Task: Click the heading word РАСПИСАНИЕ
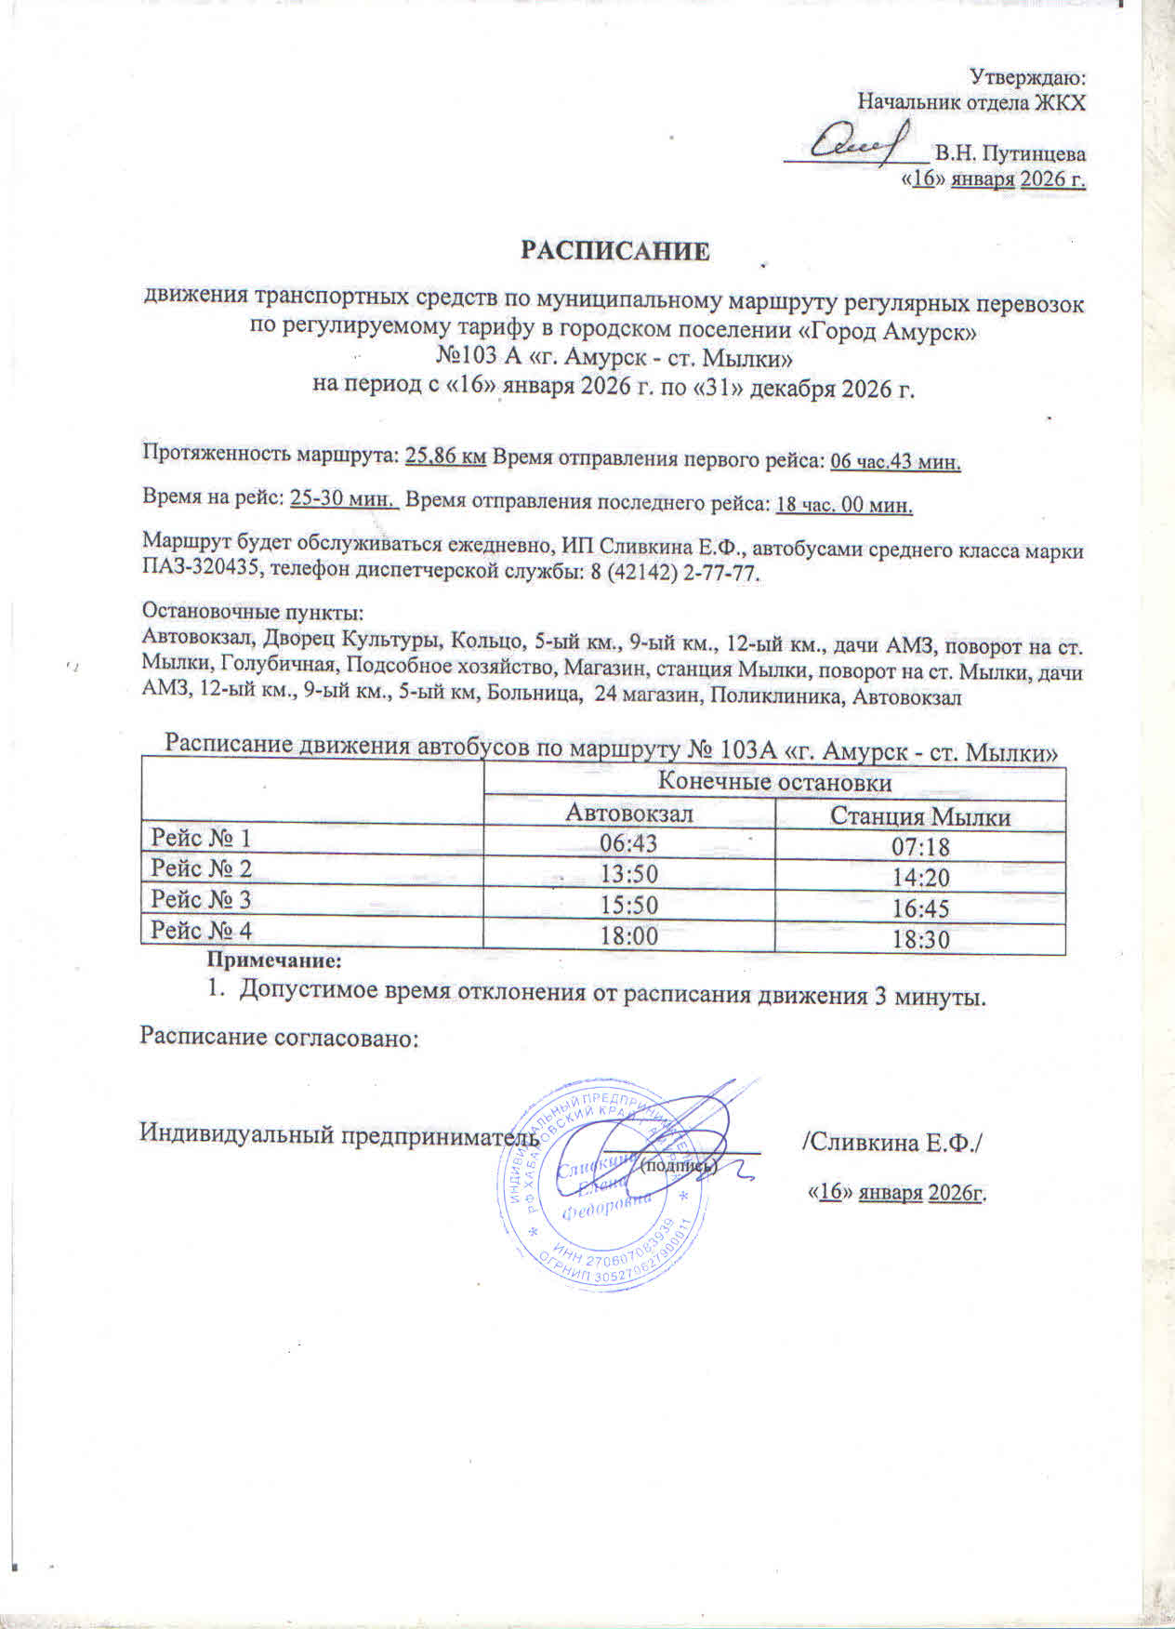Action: coord(614,252)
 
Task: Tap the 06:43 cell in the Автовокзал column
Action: coord(629,844)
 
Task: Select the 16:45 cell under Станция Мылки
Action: coord(920,907)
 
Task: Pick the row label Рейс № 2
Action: coord(202,869)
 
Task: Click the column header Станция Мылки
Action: coord(919,816)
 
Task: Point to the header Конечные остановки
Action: coord(774,783)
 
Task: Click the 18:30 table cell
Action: coord(920,939)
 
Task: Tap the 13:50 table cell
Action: coord(629,876)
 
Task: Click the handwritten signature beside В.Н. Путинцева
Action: coord(855,144)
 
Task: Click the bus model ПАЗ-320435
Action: coord(196,574)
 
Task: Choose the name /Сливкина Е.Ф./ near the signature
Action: coord(891,1140)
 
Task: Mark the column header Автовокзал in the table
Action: coord(630,814)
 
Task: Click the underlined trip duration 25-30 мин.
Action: coord(344,499)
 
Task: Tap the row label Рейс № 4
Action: coord(202,931)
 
